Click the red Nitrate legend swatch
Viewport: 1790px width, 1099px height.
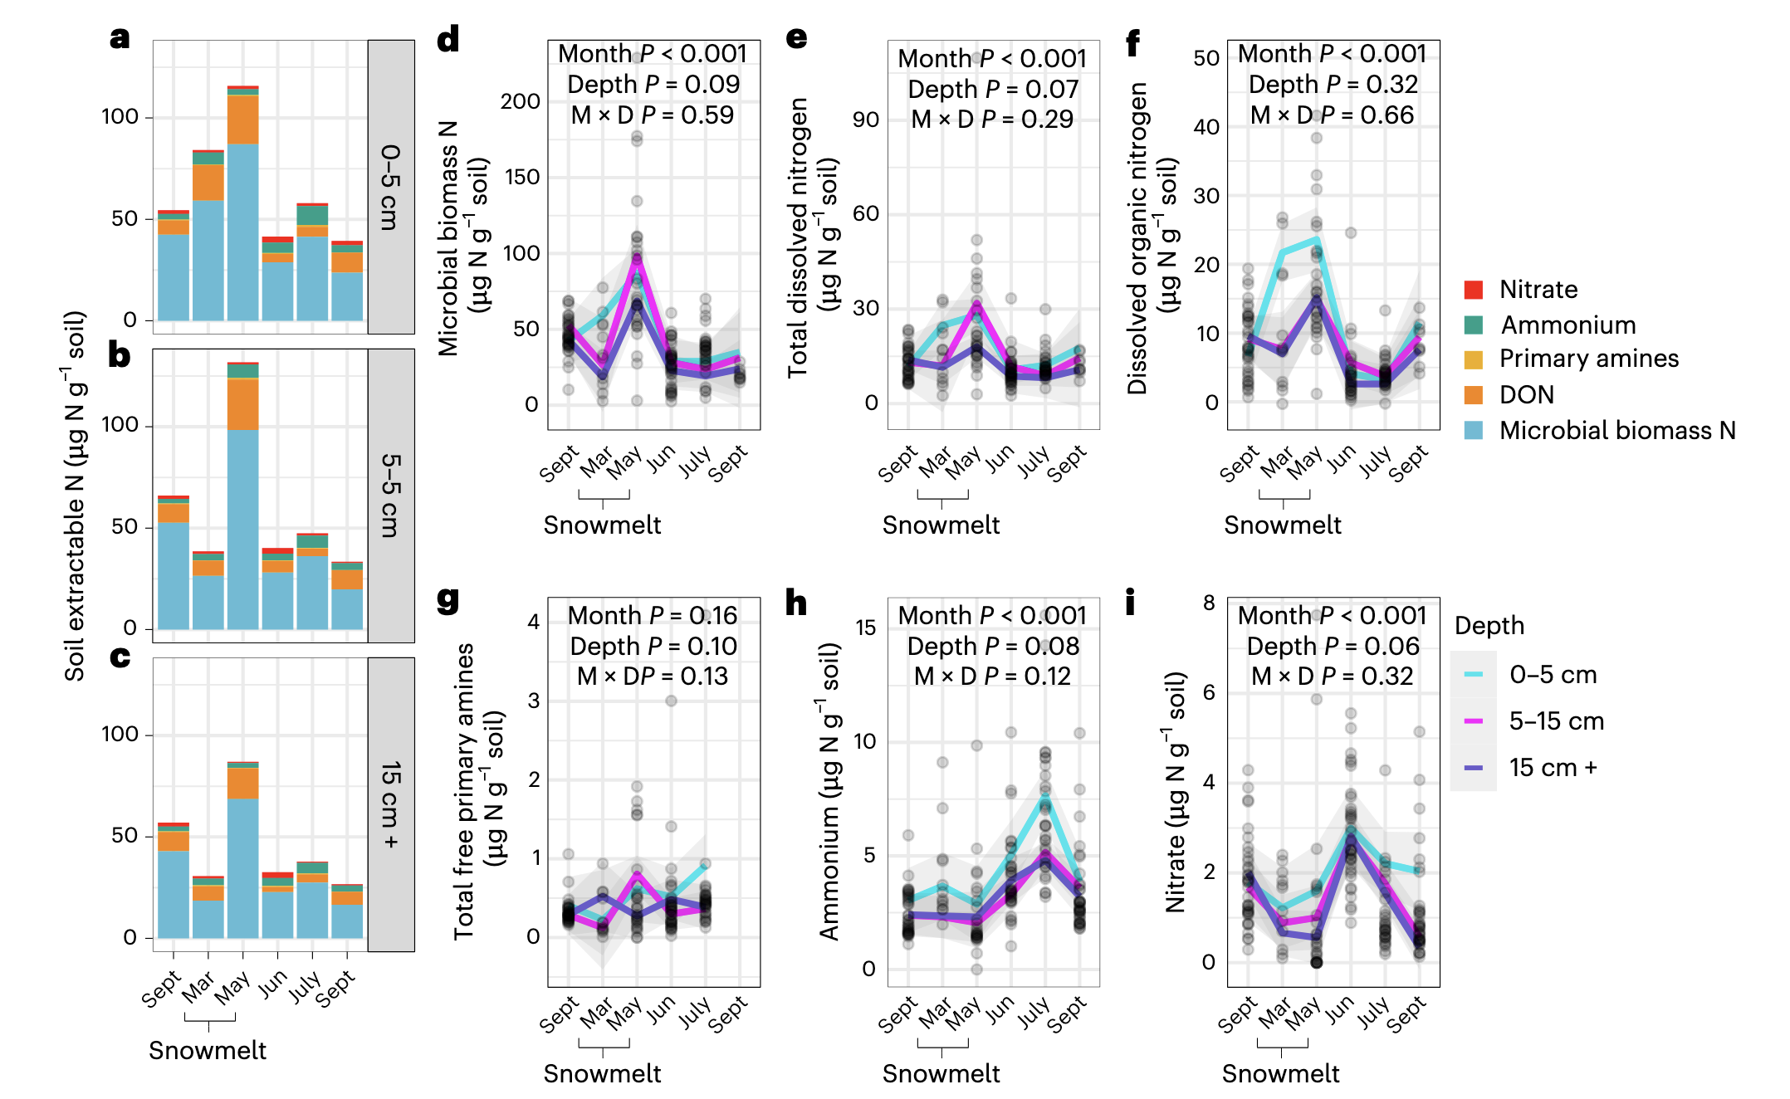(1474, 290)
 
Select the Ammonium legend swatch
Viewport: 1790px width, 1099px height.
(1474, 325)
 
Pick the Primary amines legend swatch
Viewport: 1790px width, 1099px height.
(1474, 359)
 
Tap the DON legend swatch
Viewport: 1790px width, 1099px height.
(1474, 395)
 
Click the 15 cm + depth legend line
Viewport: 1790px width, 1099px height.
(1474, 768)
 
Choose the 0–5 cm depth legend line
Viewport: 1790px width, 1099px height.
(1474, 675)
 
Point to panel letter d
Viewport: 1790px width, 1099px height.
(448, 39)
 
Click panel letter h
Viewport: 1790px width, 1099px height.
(796, 603)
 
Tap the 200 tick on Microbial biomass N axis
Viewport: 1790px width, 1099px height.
(520, 101)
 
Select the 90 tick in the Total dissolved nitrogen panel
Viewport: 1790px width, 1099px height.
(865, 120)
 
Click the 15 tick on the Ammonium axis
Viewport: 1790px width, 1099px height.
(865, 628)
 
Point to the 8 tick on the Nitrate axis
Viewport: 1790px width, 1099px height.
(1209, 603)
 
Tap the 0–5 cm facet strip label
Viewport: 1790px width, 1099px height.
(391, 187)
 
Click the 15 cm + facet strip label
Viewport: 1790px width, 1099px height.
(391, 804)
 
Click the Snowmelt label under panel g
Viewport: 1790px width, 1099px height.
(602, 1073)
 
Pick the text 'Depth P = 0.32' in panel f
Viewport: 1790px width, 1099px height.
(1333, 85)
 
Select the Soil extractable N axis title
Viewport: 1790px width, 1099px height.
(75, 496)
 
